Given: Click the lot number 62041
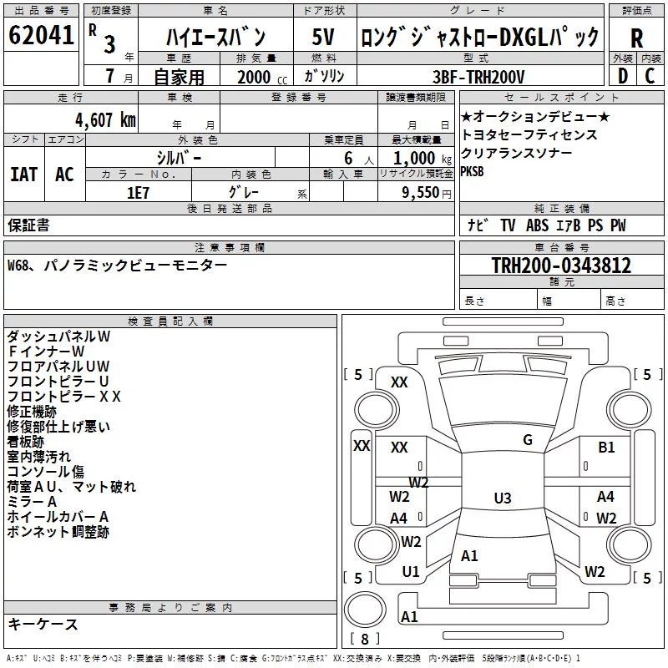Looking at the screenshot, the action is coord(41,35).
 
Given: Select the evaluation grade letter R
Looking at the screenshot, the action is coord(636,38).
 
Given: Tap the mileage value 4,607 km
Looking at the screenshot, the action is coord(105,120).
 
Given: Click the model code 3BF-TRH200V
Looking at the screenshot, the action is coord(478,77).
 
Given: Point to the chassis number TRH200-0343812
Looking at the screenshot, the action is coord(561,266).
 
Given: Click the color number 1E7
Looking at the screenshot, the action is coord(138,193).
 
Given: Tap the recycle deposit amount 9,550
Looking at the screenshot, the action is coord(420,193).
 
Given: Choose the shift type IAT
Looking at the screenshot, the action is coord(23,175).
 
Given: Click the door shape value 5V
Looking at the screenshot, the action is coord(323,37).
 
